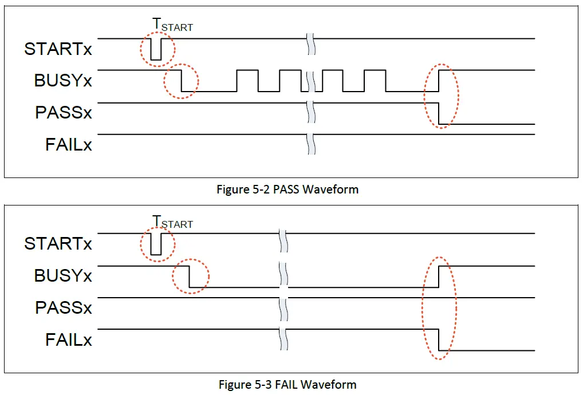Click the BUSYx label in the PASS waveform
pos(63,81)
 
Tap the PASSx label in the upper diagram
pos(63,112)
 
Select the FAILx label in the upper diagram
pos(69,144)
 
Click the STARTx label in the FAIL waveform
pos(58,244)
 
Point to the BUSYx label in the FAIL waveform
pos(63,275)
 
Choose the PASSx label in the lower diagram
pos(63,307)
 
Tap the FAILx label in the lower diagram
pos(69,339)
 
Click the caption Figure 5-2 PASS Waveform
pos(287,189)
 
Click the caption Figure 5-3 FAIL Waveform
pos(287,384)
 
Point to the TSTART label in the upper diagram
pos(172,25)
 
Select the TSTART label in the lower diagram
pos(172,222)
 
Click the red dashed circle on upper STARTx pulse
pos(157,49)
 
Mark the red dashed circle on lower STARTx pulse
pos(157,245)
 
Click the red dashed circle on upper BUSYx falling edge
pos(181,81)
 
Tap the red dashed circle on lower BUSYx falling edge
pos(191,276)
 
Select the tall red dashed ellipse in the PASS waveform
pos(442,96)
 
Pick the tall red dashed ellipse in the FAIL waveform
pos(440,308)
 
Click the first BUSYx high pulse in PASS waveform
pos(247,71)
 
